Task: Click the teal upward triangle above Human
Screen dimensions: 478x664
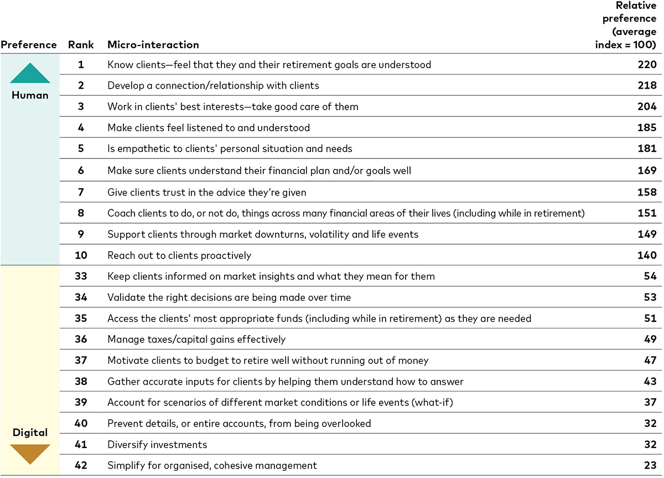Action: [x=30, y=74]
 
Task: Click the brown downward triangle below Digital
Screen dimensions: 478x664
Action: [x=30, y=453]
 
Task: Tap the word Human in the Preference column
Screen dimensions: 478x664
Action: [x=30, y=95]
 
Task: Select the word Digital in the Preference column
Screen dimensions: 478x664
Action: [x=30, y=433]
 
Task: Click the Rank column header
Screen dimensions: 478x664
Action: [x=81, y=45]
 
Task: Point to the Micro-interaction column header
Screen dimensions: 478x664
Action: [x=153, y=45]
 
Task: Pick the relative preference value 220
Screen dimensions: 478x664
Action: [x=647, y=65]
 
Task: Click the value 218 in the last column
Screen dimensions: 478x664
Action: [x=647, y=86]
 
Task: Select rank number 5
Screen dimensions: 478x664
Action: [x=81, y=149]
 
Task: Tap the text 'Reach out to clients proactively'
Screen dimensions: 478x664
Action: [x=179, y=255]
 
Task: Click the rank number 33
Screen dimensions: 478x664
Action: [x=81, y=276]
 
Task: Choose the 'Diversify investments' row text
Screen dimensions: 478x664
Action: [x=157, y=445]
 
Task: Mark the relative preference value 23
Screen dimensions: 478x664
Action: [x=650, y=466]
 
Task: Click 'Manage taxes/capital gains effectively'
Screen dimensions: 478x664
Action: [x=196, y=340]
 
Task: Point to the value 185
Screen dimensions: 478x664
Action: [x=647, y=128]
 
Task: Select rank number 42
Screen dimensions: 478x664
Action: [x=81, y=466]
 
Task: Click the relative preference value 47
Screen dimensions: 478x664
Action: [x=650, y=361]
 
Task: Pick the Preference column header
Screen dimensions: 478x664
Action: [x=29, y=45]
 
